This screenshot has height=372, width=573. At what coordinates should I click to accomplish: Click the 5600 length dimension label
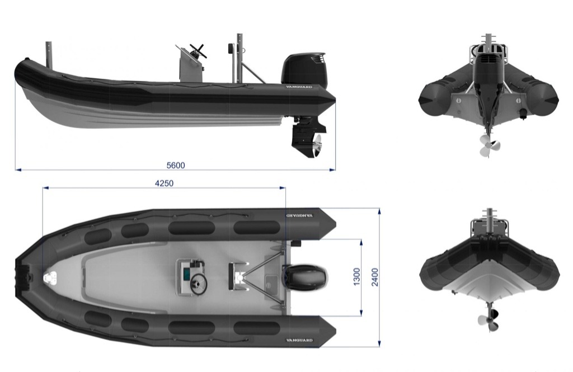[176, 165]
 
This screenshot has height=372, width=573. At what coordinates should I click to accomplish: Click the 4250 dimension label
[165, 183]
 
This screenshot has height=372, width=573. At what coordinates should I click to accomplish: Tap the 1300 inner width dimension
[356, 277]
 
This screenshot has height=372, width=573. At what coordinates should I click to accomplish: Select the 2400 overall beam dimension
[375, 277]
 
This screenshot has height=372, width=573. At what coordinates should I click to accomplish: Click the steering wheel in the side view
[198, 51]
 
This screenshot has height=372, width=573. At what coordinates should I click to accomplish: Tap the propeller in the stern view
[487, 145]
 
